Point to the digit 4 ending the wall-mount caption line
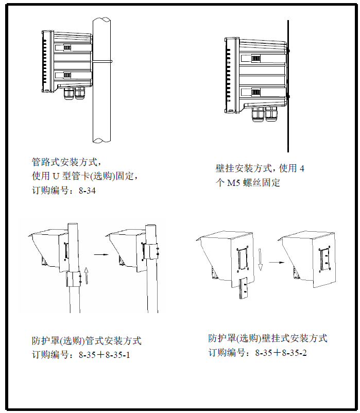pyautogui.click(x=301, y=168)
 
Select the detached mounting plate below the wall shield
pyautogui.click(x=244, y=288)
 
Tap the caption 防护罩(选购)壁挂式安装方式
pyautogui.click(x=268, y=338)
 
